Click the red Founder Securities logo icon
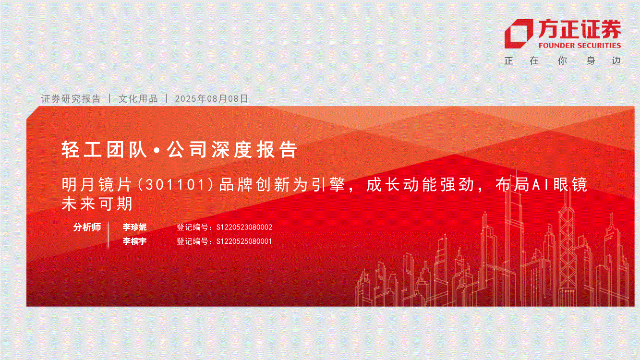click(518, 34)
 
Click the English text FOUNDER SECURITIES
click(580, 46)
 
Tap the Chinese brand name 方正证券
click(580, 29)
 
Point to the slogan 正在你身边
click(563, 60)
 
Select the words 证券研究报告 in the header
click(71, 98)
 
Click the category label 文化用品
click(138, 98)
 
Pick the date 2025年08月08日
click(211, 98)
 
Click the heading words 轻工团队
click(104, 149)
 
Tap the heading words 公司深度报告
click(232, 149)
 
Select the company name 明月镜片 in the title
click(97, 185)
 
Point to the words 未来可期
click(97, 204)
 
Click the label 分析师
click(87, 227)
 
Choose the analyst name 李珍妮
click(134, 227)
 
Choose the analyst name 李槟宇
click(134, 241)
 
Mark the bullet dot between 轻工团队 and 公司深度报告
click(157, 150)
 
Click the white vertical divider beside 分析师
click(109, 234)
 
